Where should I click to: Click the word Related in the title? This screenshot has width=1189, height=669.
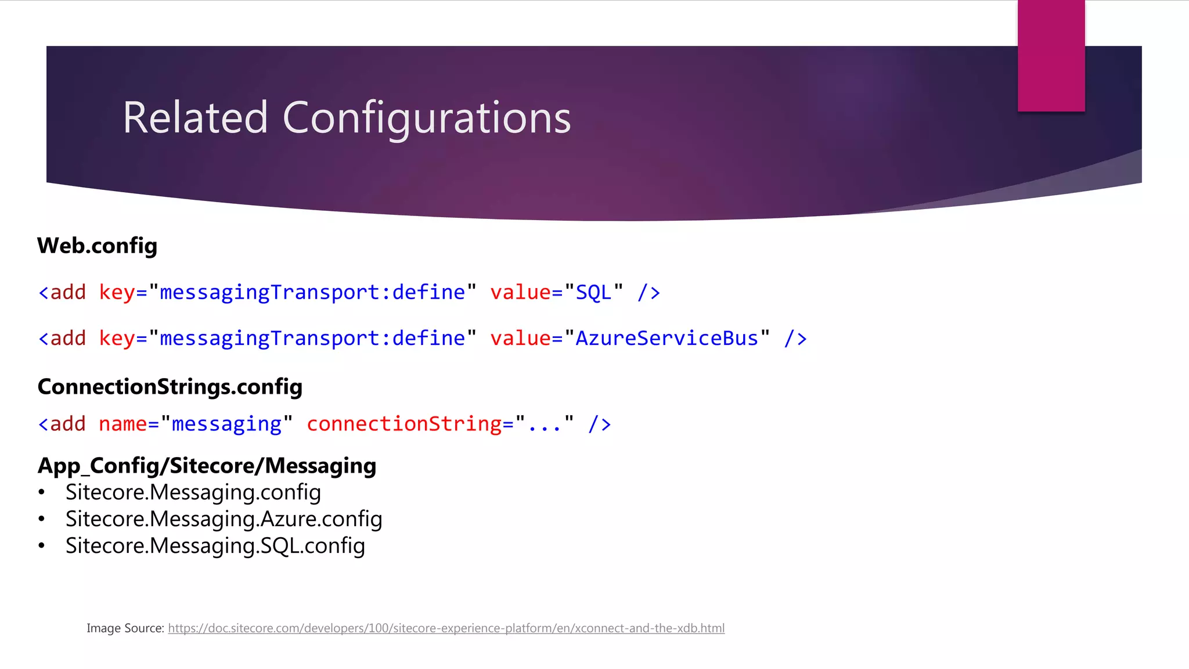pos(195,118)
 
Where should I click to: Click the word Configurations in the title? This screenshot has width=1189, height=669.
pos(427,119)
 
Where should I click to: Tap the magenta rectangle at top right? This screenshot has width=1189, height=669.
pos(1051,55)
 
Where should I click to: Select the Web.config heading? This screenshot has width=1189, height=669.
pos(97,246)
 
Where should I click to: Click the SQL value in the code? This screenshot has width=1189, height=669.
pos(593,292)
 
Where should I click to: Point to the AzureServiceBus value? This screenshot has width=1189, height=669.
pos(666,338)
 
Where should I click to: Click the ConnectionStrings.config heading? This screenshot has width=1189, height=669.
pos(170,387)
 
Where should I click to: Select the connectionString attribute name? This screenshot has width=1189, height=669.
pos(404,424)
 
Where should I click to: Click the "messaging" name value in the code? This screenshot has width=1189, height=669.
pos(226,424)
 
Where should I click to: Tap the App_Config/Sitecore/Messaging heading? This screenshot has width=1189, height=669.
pos(207,466)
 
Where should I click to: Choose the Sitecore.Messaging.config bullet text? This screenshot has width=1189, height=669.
pos(193,492)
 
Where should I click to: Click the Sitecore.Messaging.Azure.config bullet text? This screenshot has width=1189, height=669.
pos(224,519)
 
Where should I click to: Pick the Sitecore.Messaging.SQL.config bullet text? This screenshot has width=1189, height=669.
pos(215,546)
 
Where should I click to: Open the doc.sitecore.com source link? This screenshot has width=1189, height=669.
pos(446,628)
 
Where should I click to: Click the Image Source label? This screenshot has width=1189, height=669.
pos(125,628)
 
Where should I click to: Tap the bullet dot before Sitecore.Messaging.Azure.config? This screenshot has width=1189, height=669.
pos(41,519)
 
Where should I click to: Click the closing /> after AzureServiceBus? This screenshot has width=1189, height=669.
pos(795,339)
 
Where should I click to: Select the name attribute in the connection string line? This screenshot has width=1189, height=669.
pos(122,424)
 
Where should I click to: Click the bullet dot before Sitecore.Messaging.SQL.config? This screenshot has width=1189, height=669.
pos(41,546)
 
